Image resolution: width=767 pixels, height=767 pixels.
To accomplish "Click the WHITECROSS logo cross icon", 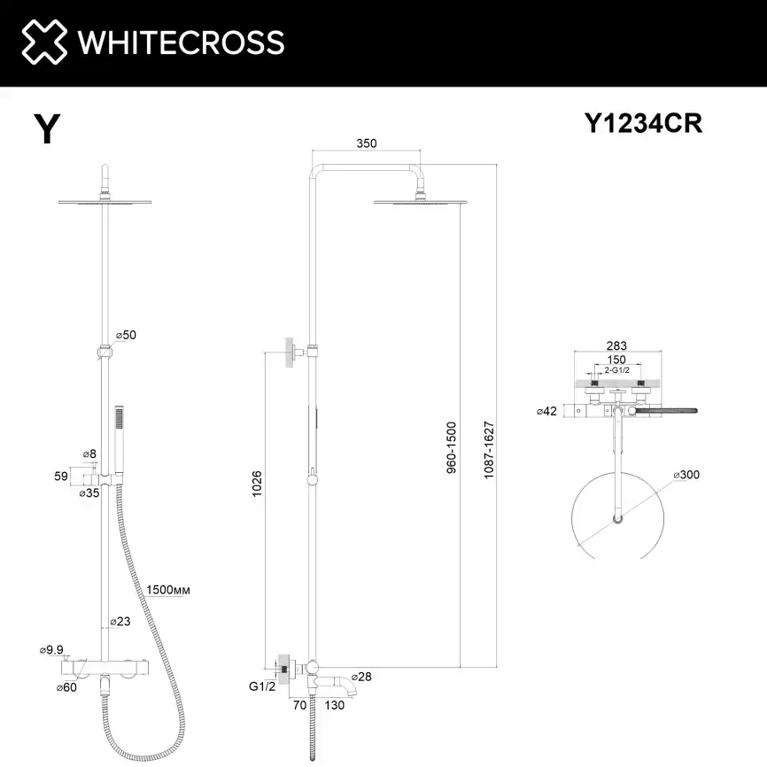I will click(x=44, y=42).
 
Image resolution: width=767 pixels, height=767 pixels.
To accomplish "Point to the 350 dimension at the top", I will click(x=367, y=143).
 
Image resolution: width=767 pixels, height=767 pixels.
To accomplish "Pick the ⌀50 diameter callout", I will click(x=125, y=335).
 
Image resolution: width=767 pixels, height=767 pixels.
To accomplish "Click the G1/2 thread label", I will click(x=262, y=687).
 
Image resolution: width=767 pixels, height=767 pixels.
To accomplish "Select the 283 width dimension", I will click(x=616, y=345).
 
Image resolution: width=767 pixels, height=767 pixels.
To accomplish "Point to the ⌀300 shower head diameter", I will click(x=686, y=476).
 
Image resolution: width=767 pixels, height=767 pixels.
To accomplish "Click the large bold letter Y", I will click(x=46, y=129).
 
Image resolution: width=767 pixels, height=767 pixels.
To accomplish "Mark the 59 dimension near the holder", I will click(x=61, y=476).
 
